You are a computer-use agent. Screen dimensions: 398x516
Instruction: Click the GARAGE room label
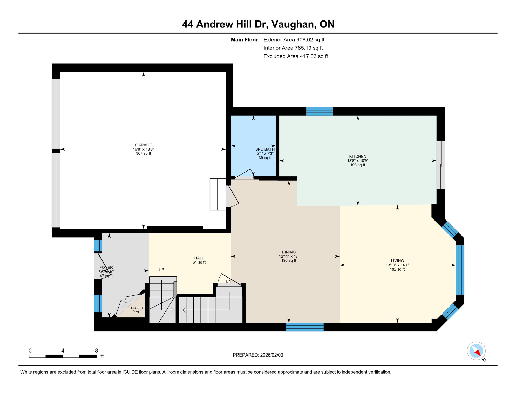143,145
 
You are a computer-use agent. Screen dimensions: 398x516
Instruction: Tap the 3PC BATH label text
265,149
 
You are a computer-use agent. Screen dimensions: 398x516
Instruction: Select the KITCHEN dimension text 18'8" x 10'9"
357,161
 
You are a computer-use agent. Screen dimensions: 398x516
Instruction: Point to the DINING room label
289,252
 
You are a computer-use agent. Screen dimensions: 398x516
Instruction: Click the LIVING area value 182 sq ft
397,269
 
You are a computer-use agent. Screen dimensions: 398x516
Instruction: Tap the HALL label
199,258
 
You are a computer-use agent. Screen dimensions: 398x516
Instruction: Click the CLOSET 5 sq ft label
137,310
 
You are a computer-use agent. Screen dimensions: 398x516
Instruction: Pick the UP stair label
161,270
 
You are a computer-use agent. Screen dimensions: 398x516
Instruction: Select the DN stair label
228,281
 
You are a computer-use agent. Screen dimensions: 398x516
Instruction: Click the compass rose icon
476,351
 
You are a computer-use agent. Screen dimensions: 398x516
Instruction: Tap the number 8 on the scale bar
96,351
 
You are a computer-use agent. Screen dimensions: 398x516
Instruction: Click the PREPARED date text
258,355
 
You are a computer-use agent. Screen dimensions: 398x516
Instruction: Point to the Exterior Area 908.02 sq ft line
294,40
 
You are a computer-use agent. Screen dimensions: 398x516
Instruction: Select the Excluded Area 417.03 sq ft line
296,56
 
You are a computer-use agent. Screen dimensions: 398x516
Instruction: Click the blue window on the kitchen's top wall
319,111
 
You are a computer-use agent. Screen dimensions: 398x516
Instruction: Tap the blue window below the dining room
304,327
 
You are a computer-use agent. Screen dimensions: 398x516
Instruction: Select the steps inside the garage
218,194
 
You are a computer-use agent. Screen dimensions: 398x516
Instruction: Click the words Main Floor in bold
244,40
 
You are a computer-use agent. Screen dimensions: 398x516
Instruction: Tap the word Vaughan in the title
294,24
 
